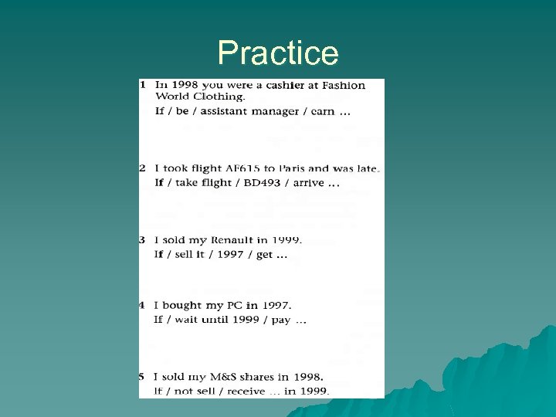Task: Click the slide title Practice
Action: click(278, 53)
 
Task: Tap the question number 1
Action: click(143, 83)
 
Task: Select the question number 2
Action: click(143, 168)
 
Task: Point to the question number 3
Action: click(143, 240)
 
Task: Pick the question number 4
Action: click(143, 305)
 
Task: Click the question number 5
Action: click(143, 377)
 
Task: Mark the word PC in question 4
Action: click(234, 306)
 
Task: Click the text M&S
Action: click(224, 377)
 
